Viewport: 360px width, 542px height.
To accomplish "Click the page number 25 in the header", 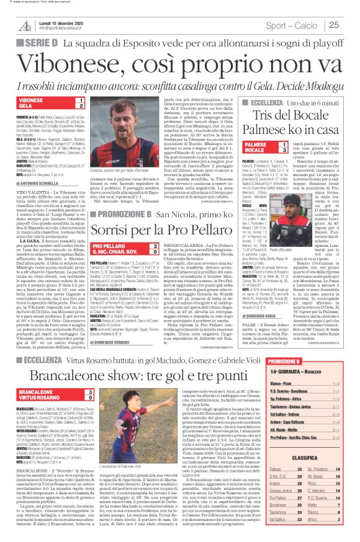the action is (x=350, y=25).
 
